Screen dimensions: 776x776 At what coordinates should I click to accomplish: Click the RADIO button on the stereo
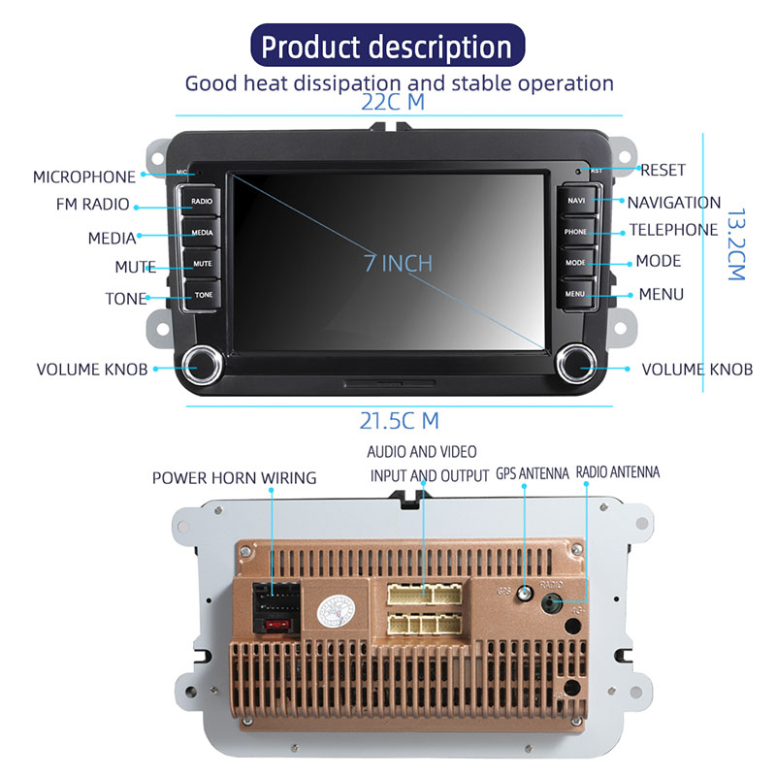click(202, 202)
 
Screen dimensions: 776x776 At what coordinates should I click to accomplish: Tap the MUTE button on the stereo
click(202, 263)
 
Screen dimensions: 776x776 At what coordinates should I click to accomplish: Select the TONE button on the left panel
click(203, 294)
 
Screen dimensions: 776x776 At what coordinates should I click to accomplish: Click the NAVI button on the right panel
click(576, 201)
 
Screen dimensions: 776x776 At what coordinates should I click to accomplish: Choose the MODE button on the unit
click(575, 262)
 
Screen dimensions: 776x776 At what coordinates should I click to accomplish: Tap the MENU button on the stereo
click(575, 293)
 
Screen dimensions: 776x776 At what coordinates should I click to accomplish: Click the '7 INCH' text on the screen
click(398, 263)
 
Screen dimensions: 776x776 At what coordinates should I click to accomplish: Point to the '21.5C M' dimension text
click(399, 421)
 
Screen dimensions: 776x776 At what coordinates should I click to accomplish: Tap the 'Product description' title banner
click(387, 46)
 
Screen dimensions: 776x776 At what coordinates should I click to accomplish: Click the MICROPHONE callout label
click(84, 177)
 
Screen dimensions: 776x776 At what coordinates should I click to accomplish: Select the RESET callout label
click(663, 170)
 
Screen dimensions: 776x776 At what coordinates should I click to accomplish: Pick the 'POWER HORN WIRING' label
click(234, 477)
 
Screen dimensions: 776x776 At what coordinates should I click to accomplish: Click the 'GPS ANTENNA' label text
click(533, 473)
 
